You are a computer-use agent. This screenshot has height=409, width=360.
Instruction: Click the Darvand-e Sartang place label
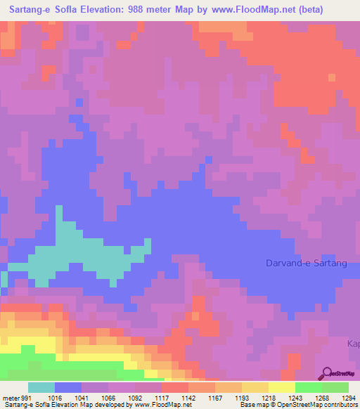[307, 263]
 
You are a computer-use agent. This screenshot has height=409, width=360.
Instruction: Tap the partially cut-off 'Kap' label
[353, 343]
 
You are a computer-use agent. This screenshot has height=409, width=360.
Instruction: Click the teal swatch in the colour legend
[41, 387]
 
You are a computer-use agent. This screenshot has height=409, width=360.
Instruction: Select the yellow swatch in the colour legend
[282, 387]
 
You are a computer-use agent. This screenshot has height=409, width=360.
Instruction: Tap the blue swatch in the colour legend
[68, 387]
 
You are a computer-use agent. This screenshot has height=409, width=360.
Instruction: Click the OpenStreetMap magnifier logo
[326, 372]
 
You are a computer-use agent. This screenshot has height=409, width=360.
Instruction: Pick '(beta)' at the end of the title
[340, 10]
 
